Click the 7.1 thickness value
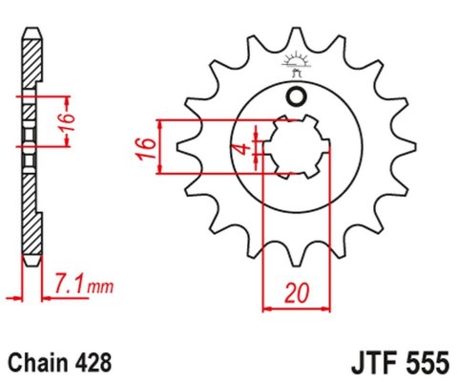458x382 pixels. point(70,284)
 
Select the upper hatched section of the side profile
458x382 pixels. point(31,67)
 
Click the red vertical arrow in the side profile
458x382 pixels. point(67,122)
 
